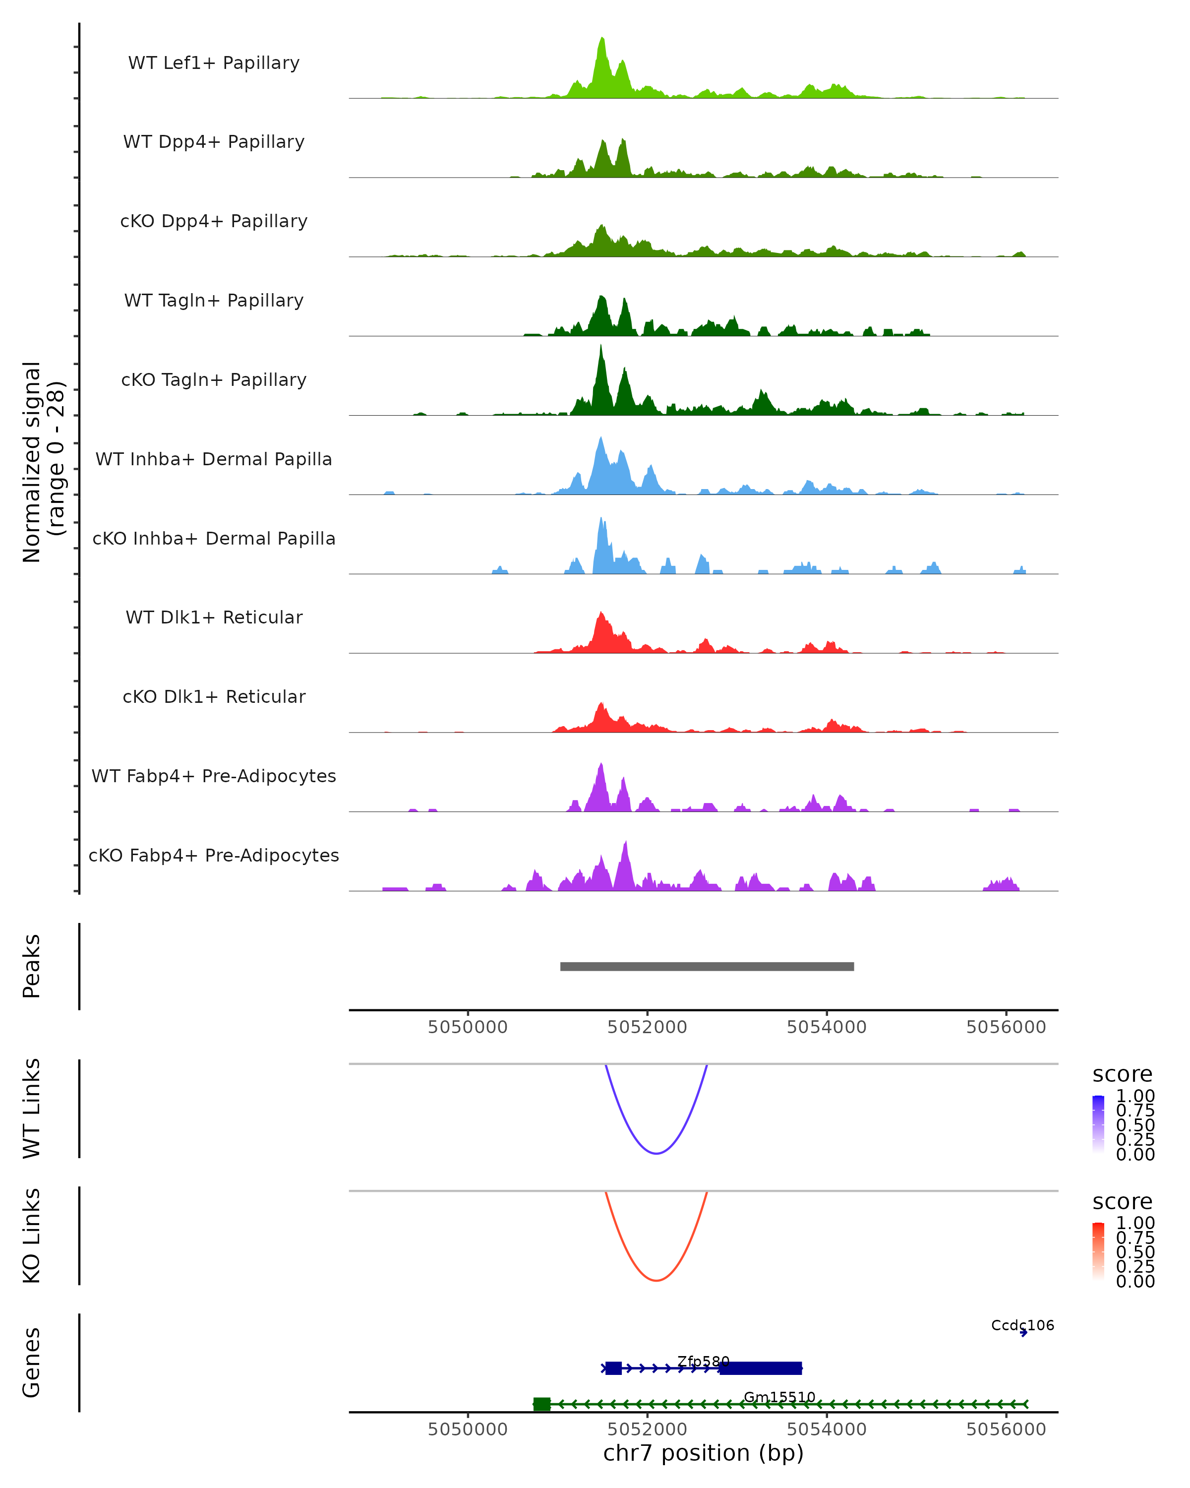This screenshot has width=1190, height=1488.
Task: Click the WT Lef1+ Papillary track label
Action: pos(214,63)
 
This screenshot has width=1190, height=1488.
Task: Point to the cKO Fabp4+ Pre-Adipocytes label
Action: pos(214,855)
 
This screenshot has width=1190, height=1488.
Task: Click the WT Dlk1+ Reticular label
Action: pos(214,617)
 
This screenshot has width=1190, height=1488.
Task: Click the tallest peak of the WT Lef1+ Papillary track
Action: pos(602,40)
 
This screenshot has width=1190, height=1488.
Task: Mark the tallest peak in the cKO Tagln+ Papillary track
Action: pos(601,347)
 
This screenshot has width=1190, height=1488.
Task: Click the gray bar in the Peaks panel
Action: pos(707,966)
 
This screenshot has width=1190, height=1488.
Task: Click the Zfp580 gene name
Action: pos(703,1361)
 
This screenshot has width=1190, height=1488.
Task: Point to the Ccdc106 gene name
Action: pos(1022,1325)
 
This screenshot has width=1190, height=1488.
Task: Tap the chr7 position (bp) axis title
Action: pos(703,1453)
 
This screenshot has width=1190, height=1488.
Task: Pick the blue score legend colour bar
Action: pos(1098,1124)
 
